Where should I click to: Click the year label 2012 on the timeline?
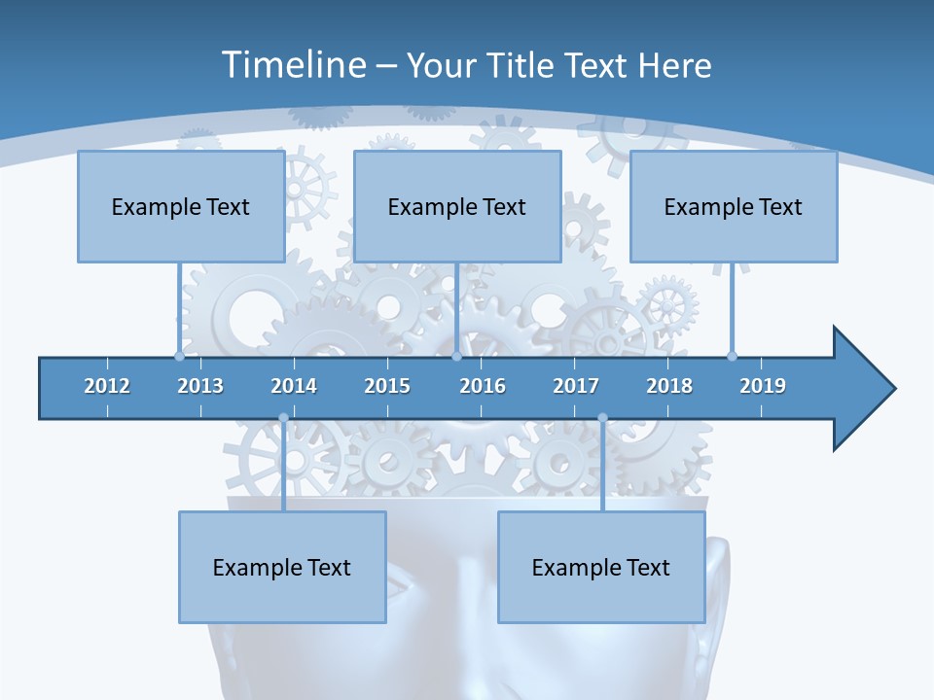click(x=107, y=386)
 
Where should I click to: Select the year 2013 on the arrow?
click(x=200, y=386)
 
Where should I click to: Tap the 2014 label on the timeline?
click(x=294, y=386)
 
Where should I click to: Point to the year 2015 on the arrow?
click(x=387, y=386)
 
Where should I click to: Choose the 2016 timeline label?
click(x=483, y=386)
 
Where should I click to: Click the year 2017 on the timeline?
click(x=576, y=386)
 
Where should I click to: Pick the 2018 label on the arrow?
click(x=669, y=386)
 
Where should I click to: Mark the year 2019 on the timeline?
click(x=763, y=386)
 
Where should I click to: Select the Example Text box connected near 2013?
click(x=181, y=206)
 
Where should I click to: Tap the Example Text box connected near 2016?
click(x=457, y=206)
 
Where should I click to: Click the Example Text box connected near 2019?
click(x=734, y=206)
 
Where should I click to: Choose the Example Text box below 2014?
click(x=282, y=567)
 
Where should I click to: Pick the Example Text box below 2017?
click(x=601, y=567)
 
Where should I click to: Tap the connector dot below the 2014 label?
click(x=283, y=418)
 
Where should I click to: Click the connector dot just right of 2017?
click(x=602, y=418)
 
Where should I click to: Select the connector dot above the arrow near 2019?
click(x=732, y=356)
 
